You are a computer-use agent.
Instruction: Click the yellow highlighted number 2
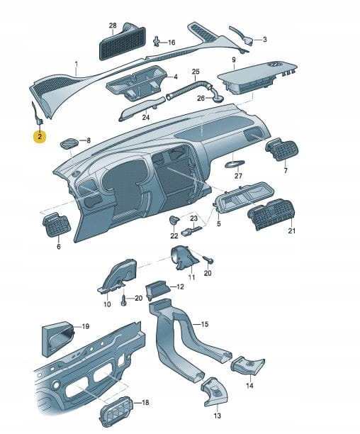click(40, 136)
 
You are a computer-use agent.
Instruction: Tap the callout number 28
click(113, 26)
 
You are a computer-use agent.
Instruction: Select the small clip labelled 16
click(157, 41)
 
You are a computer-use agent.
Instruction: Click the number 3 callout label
click(264, 40)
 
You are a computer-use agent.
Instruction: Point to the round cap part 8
click(69, 144)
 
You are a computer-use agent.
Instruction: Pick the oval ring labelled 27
click(235, 164)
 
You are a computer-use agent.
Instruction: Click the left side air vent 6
click(57, 225)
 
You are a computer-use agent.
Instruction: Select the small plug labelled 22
click(174, 220)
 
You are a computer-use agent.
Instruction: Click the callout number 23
click(194, 218)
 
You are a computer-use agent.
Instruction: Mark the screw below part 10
click(123, 300)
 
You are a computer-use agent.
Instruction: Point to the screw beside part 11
click(209, 260)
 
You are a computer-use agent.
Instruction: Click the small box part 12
click(157, 289)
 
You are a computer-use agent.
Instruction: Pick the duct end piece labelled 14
click(248, 365)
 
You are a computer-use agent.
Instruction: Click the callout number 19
click(86, 327)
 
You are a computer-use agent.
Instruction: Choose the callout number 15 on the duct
click(205, 324)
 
